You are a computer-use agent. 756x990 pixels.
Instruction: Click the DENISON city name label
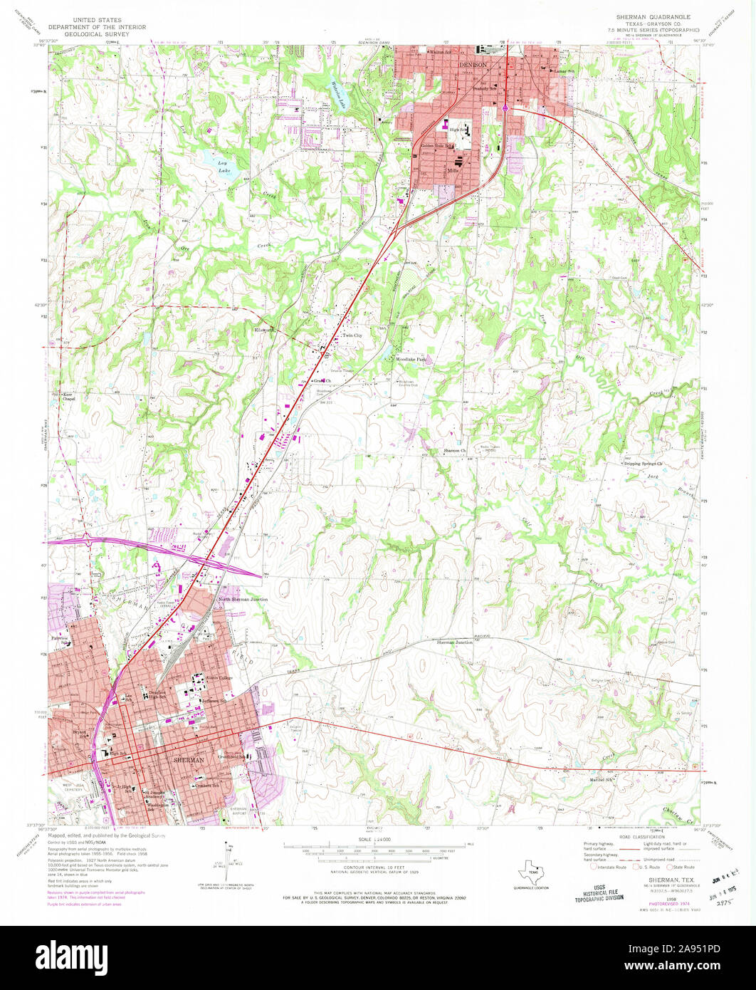coord(473,64)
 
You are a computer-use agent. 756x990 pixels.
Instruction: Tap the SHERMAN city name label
coord(189,761)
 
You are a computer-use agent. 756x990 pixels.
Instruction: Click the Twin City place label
coord(352,335)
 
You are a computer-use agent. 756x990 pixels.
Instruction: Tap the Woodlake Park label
coord(411,360)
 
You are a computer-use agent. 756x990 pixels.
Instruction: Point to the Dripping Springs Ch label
coord(644,464)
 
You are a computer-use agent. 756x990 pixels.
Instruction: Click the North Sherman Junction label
coord(243,600)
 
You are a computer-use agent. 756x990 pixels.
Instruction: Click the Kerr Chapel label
coord(68,397)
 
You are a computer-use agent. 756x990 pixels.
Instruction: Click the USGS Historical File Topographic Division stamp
coord(599,890)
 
